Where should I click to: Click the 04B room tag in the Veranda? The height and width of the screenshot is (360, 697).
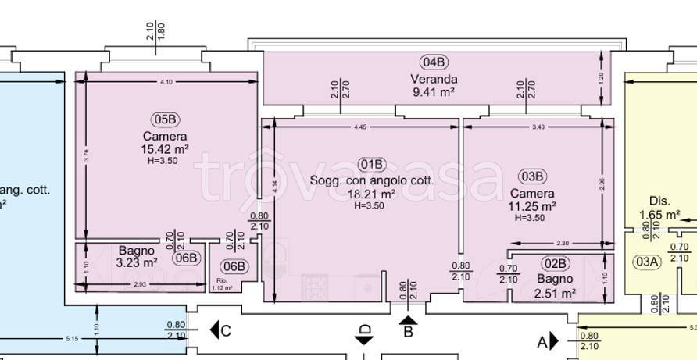tap(434, 62)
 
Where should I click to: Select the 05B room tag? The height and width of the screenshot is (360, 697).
tap(165, 119)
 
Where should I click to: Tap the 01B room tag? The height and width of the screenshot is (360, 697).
tap(373, 164)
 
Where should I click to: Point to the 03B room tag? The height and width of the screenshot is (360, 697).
tap(532, 176)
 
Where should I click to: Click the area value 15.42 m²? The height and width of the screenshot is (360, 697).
tap(165, 149)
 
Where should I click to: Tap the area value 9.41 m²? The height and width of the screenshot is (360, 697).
tap(434, 92)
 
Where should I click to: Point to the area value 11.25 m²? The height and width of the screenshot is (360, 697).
tap(533, 207)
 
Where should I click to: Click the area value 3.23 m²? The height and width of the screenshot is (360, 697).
tap(138, 263)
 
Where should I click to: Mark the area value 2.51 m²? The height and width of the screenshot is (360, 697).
tap(555, 294)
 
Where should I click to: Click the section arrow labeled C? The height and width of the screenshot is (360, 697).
tap(214, 330)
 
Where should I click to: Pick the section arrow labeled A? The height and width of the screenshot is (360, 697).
tap(555, 340)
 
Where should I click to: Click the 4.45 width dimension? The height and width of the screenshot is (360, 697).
tap(359, 126)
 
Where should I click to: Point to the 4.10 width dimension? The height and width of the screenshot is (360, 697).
tap(165, 81)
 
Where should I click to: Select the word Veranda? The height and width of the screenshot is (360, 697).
tap(434, 78)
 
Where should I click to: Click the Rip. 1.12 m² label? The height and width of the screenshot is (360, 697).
tap(222, 285)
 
